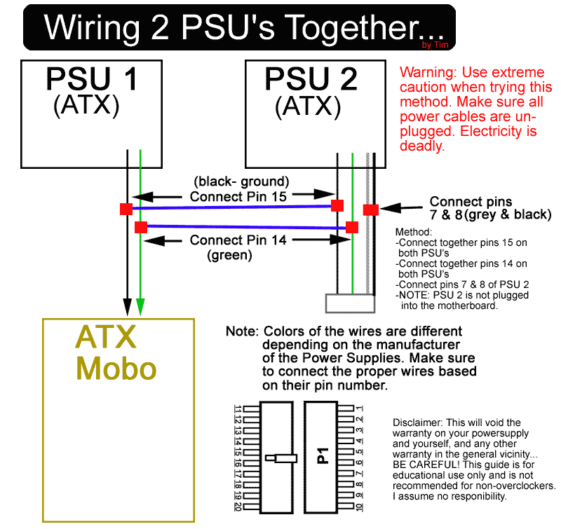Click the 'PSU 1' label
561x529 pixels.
tap(92, 78)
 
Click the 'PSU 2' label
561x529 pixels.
tap(311, 79)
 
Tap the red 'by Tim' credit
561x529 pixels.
tap(435, 45)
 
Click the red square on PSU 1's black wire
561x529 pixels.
tap(126, 209)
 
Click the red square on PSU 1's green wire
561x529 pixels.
tap(141, 227)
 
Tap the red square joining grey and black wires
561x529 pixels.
tap(371, 209)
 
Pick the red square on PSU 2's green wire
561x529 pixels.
tap(352, 227)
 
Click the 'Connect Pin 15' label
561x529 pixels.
tap(238, 197)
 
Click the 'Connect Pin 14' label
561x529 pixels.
tap(238, 240)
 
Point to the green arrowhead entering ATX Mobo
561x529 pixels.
tap(140, 307)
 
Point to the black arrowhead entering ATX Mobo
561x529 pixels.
tap(127, 307)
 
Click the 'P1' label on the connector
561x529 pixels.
tap(323, 455)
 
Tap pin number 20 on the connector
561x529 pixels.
tap(238, 507)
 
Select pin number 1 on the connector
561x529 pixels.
tap(360, 408)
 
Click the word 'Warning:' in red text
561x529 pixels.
tap(428, 73)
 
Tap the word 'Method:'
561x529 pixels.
tap(414, 232)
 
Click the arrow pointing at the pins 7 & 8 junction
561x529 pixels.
tap(401, 207)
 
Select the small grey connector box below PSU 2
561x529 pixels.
tap(350, 303)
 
